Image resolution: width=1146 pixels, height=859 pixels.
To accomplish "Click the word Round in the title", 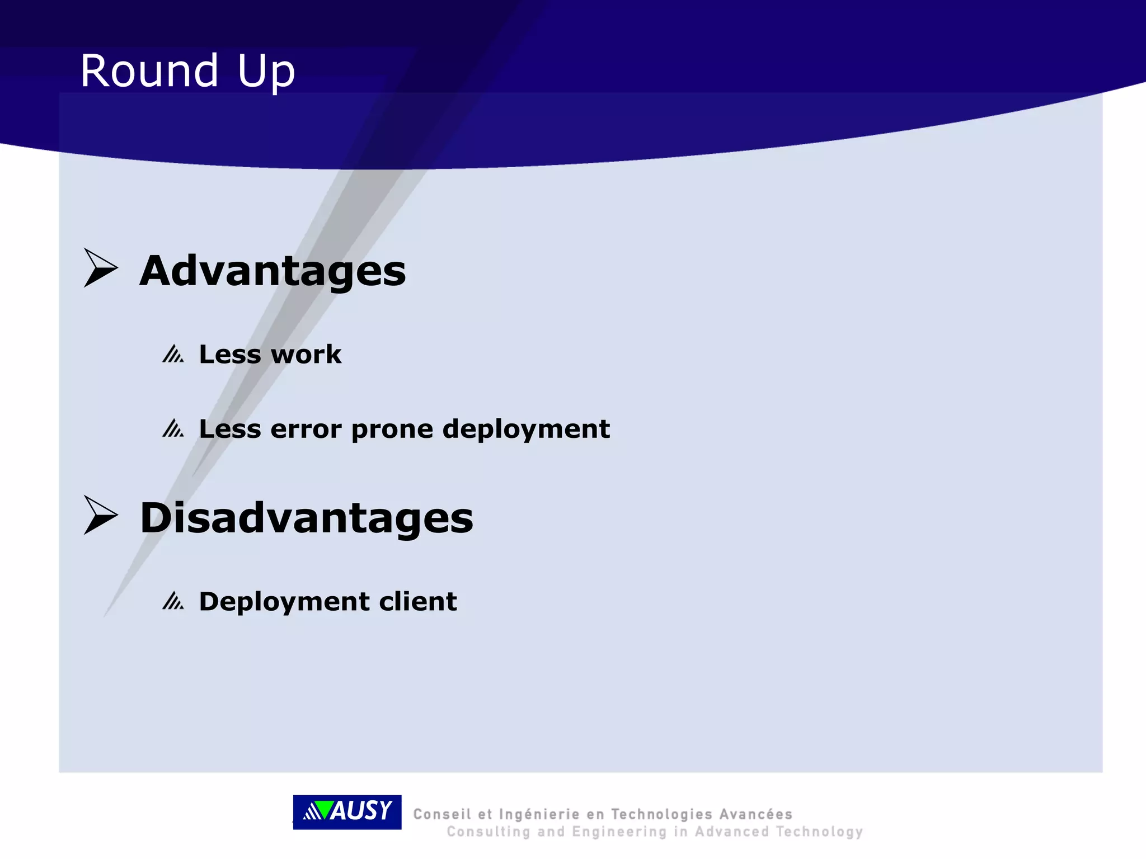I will [x=149, y=71].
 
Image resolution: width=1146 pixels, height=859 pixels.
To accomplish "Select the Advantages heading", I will [x=273, y=271].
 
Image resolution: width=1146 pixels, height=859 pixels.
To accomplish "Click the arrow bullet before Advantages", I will [x=101, y=268].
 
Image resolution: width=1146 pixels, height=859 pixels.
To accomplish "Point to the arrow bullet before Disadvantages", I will [x=101, y=515].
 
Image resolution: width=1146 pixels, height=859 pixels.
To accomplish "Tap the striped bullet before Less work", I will [x=173, y=354].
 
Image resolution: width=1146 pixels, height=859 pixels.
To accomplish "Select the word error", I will [x=306, y=429].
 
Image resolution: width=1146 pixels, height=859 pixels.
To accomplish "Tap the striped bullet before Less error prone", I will [x=173, y=429].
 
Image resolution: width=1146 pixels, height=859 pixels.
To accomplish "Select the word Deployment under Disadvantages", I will [x=284, y=602].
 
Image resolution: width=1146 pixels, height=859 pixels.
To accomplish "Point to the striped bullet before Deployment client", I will [x=173, y=601].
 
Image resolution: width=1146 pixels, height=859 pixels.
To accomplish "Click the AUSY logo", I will [x=347, y=811].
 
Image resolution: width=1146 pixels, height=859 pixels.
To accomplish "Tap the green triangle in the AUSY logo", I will [x=322, y=809].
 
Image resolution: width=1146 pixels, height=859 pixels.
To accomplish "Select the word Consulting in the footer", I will [x=488, y=832].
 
